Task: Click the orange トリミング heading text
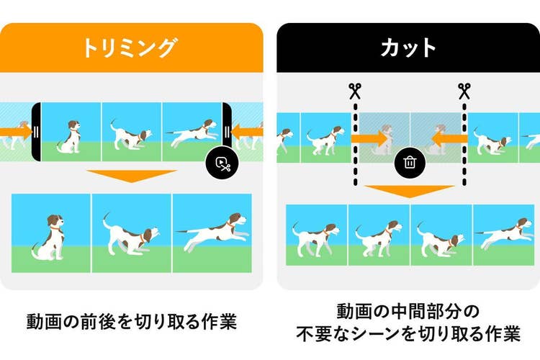129,48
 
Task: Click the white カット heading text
408,48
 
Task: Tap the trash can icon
410,162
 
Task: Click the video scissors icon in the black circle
222,163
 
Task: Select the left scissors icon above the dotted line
355,91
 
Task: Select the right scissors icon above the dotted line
464,91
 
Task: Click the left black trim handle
36,132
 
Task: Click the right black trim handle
227,127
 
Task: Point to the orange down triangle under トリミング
132,176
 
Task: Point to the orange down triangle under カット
410,192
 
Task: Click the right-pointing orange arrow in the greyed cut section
369,138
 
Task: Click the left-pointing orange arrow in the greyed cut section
449,138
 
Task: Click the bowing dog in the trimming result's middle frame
131,235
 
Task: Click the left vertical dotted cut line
356,143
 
